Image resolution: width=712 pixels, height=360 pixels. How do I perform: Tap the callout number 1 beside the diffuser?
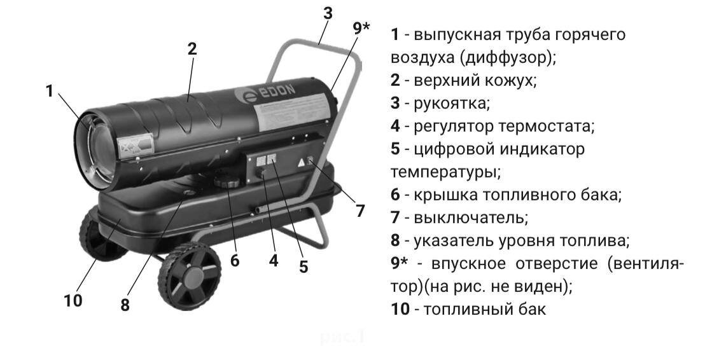[50, 91]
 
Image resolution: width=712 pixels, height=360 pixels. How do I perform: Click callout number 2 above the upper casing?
[192, 49]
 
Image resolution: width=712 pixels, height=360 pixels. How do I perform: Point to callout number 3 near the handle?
[327, 13]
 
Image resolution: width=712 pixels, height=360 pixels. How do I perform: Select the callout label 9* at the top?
[361, 29]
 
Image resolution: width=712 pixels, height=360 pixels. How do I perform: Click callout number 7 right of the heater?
[361, 211]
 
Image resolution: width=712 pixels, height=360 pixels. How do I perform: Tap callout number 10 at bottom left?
[73, 300]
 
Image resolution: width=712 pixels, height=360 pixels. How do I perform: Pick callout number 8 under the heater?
[125, 305]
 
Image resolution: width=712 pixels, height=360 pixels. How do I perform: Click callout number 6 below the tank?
[235, 261]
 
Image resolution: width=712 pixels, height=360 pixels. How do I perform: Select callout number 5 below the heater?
[304, 267]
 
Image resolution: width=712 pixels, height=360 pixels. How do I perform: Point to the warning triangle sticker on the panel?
[300, 163]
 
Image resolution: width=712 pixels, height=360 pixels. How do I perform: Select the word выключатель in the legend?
[470, 218]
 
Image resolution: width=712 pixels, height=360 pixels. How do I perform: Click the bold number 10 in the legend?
[400, 310]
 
